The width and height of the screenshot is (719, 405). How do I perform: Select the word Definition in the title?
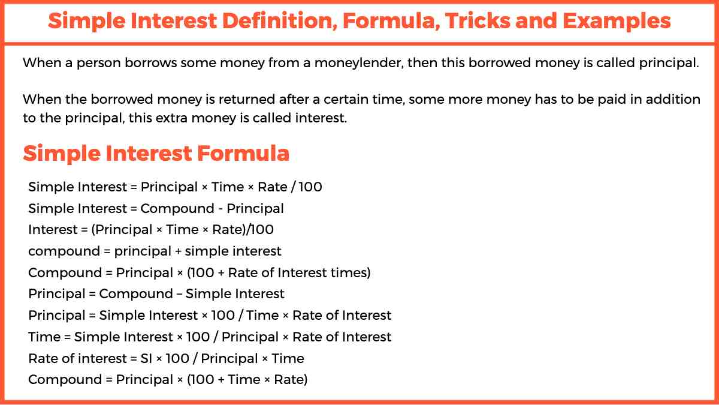(275, 22)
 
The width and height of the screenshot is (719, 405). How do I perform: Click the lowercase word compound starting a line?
(64, 251)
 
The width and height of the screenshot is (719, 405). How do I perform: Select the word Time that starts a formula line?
(43, 337)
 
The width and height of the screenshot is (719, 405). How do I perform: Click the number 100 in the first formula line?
(310, 187)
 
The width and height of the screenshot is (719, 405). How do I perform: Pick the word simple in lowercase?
(204, 251)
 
